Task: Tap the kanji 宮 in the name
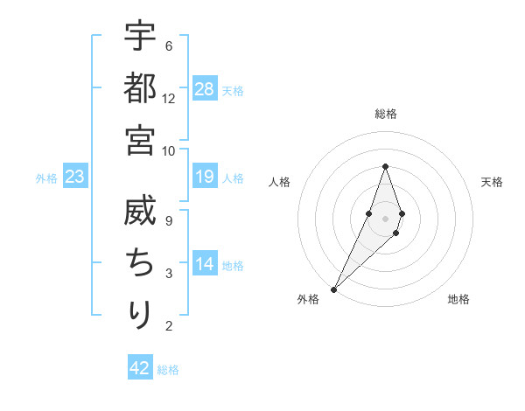(140, 139)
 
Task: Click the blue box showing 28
(205, 89)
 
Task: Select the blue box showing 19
(205, 178)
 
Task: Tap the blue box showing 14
(205, 264)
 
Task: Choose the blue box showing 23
(75, 178)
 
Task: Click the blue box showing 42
(140, 368)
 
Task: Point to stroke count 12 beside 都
(169, 99)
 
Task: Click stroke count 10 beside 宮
(169, 150)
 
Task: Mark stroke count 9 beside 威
(169, 221)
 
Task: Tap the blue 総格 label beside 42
(168, 370)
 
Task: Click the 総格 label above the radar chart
(385, 114)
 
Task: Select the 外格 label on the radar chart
(308, 300)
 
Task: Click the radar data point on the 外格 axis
(333, 289)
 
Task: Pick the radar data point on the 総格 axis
(385, 167)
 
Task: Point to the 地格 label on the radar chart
(458, 300)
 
